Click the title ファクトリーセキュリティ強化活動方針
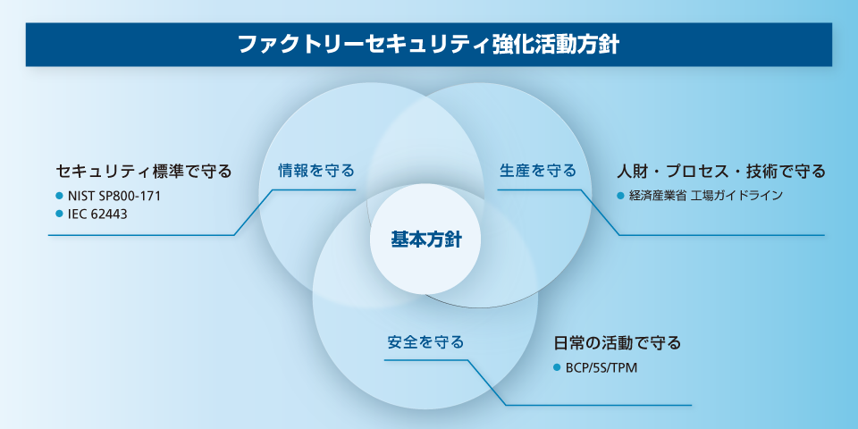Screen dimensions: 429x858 point(429,45)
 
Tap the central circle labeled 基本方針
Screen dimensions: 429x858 point(425,240)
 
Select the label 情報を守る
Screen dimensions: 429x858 point(316,170)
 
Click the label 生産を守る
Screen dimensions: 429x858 point(537,170)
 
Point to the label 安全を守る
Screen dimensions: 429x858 point(425,341)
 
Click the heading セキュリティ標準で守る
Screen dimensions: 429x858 point(144,170)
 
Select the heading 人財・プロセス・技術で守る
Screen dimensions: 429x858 point(720,170)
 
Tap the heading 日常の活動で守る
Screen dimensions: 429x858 point(618,342)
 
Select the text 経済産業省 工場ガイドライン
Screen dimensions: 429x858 point(705,195)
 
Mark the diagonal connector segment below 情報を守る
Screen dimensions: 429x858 point(253,212)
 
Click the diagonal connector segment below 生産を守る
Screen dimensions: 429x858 point(600,212)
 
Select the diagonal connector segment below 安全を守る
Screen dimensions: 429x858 point(486,383)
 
